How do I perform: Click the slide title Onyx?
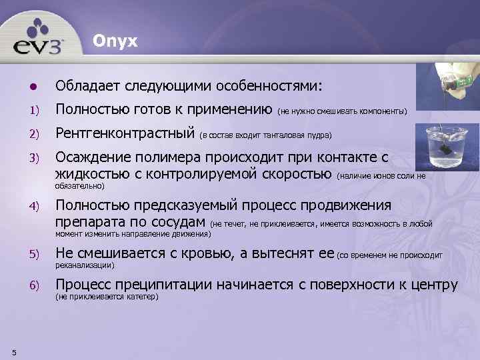click(115, 41)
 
